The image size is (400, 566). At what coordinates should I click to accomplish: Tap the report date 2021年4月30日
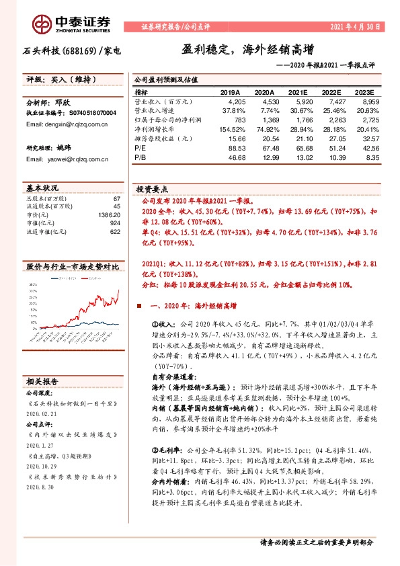click(x=356, y=26)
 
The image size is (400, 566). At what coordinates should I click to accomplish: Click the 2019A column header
click(x=230, y=92)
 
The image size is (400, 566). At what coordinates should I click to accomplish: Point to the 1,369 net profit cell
click(x=265, y=119)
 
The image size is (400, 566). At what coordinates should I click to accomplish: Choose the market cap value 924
click(x=115, y=222)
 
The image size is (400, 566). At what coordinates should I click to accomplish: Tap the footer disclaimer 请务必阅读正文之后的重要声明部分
click(x=316, y=542)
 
